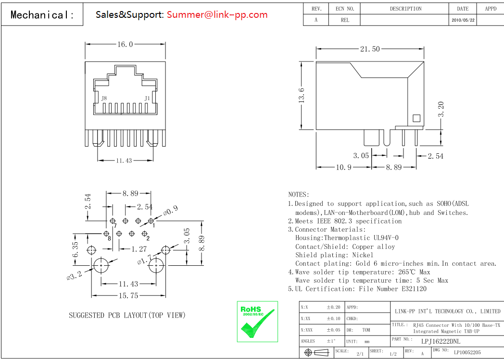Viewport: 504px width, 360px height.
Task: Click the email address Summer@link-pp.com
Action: pyautogui.click(x=217, y=15)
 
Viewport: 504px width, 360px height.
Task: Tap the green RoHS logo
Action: pyautogui.click(x=257, y=321)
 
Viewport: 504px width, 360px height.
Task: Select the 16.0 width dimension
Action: pyautogui.click(x=125, y=45)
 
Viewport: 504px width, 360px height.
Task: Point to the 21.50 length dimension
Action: pyautogui.click(x=370, y=49)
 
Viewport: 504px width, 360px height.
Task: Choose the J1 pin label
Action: pyautogui.click(x=147, y=99)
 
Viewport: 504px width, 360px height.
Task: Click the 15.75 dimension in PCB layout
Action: pyautogui.click(x=129, y=296)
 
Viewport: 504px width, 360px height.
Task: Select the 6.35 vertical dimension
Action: pyautogui.click(x=76, y=250)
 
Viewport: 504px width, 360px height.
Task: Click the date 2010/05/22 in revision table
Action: pyautogui.click(x=463, y=21)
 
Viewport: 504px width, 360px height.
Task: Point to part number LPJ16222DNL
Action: pyautogui.click(x=441, y=341)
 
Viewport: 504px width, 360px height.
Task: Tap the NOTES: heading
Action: pyautogui.click(x=299, y=195)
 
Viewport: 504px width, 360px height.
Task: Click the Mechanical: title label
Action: pyautogui.click(x=42, y=15)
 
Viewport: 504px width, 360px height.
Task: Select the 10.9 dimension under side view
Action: pyautogui.click(x=343, y=167)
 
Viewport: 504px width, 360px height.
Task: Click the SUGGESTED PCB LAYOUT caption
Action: pyautogui.click(x=127, y=315)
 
